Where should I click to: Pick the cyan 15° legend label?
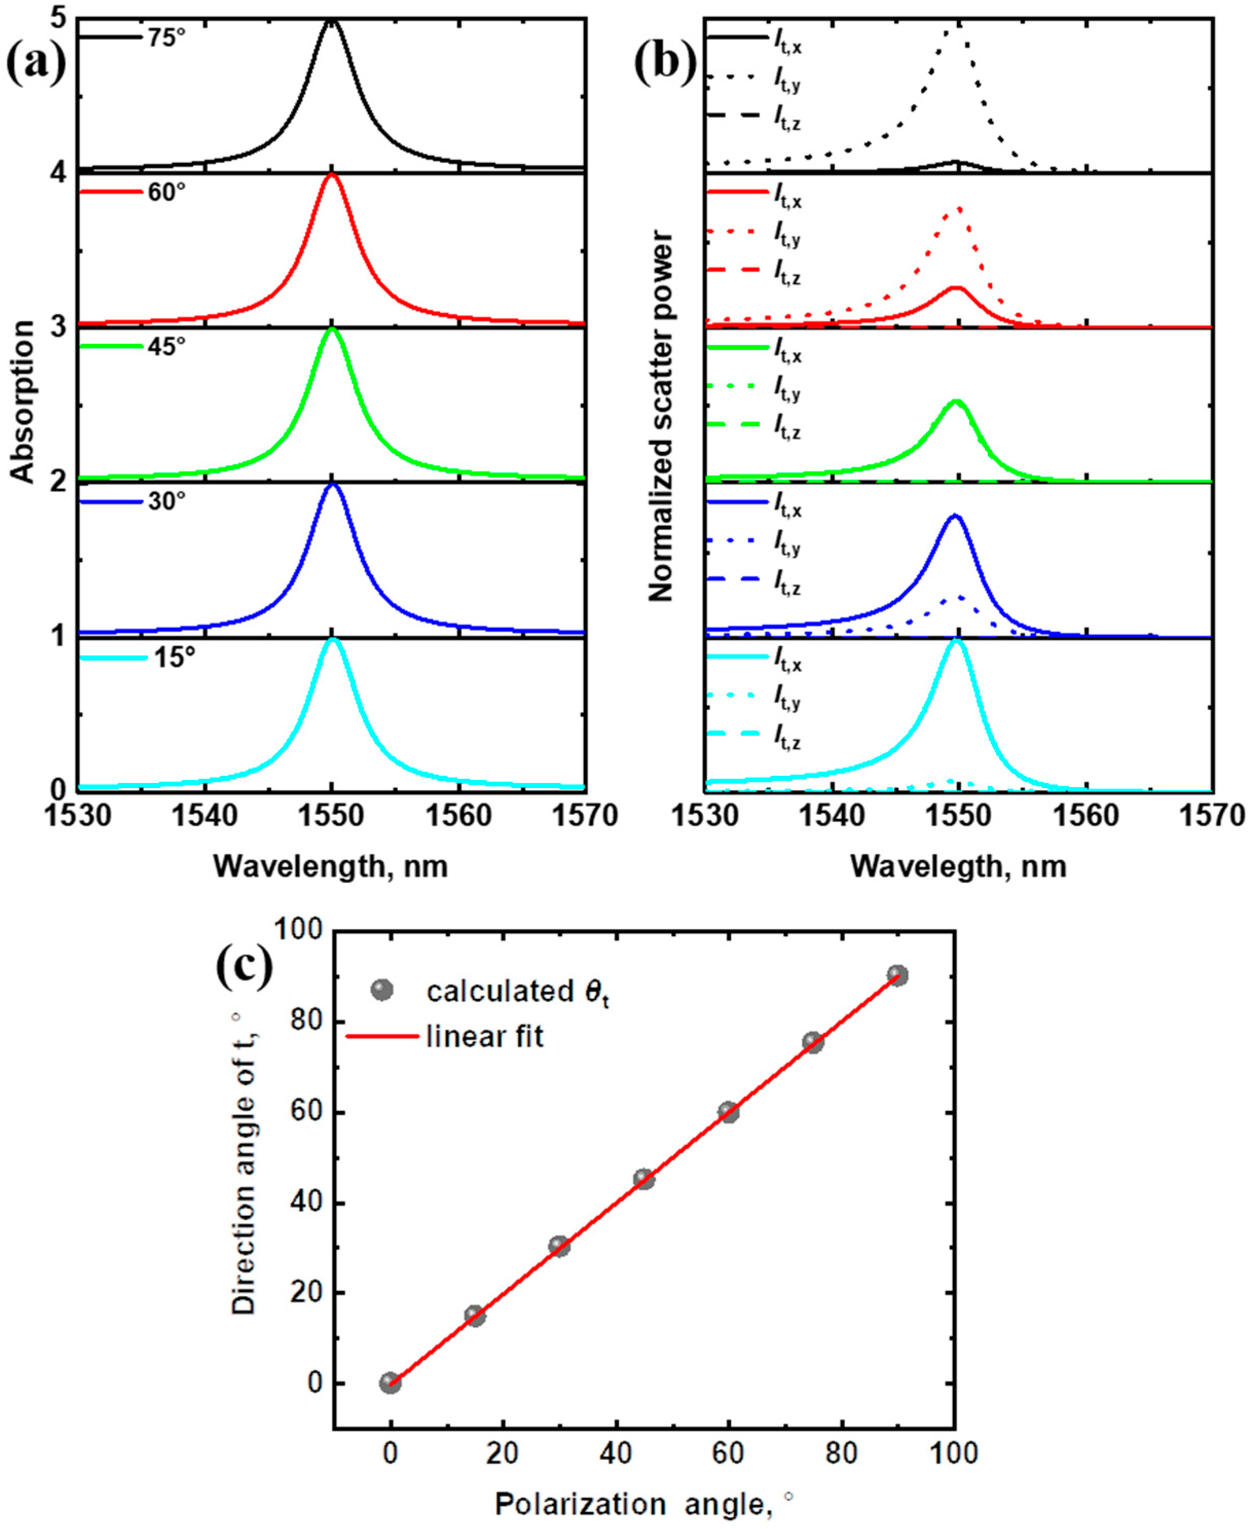click(x=174, y=657)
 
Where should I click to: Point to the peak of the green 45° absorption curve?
click(x=332, y=330)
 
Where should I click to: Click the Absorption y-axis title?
click(x=23, y=402)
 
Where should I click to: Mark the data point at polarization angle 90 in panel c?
click(x=897, y=975)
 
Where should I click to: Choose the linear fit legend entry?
click(x=485, y=1036)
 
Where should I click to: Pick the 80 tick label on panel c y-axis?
click(x=306, y=1022)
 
